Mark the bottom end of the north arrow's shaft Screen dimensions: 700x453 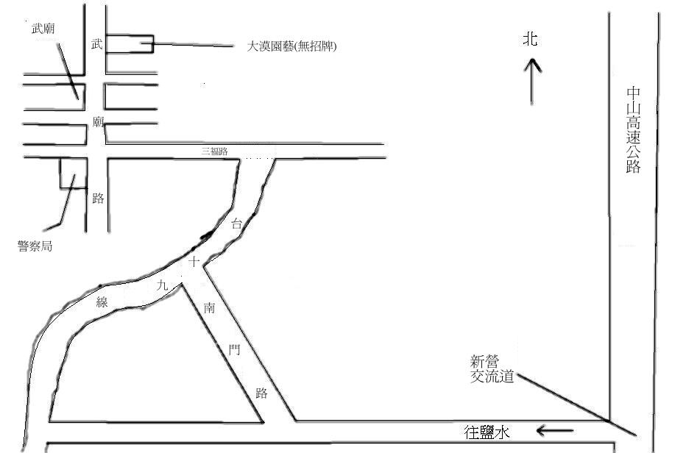pyautogui.click(x=531, y=104)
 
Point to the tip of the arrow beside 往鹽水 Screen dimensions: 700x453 pyautogui.click(x=537, y=431)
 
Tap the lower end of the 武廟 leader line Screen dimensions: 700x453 pyautogui.click(x=78, y=99)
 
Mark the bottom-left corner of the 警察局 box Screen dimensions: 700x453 pyautogui.click(x=60, y=188)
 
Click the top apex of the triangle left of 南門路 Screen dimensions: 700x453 pyautogui.click(x=181, y=284)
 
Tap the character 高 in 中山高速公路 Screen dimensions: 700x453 pyautogui.click(x=634, y=123)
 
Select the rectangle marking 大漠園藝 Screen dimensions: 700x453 pyautogui.click(x=130, y=43)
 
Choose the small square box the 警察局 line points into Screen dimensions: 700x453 pyautogui.click(x=73, y=173)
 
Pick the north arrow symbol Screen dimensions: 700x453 pyautogui.click(x=531, y=81)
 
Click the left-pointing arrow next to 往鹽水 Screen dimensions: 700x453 pyautogui.click(x=555, y=431)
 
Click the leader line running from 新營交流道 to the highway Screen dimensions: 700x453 pyautogui.click(x=576, y=405)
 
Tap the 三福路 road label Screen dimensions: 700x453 pyautogui.click(x=215, y=151)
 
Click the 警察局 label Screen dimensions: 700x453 pyautogui.click(x=35, y=246)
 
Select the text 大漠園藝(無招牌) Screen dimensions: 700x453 pyautogui.click(x=292, y=46)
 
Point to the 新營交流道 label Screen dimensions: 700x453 pyautogui.click(x=492, y=368)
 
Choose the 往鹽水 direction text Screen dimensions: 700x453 pyautogui.click(x=487, y=432)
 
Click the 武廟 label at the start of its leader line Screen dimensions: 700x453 pyautogui.click(x=43, y=29)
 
